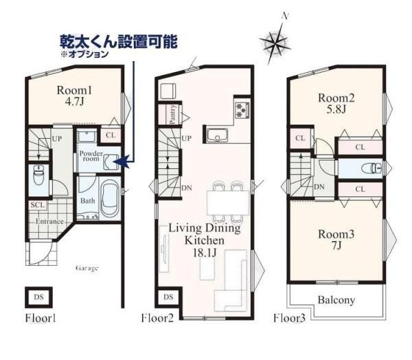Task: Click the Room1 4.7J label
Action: [x=74, y=95]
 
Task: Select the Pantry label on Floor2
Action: [x=172, y=115]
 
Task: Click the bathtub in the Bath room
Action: [x=111, y=199]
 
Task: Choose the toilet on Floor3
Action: [x=371, y=168]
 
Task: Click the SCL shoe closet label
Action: [x=38, y=205]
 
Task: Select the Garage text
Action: [x=87, y=269]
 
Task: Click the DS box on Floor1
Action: [x=38, y=297]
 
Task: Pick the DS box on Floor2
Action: [x=168, y=297]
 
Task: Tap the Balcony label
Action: [x=336, y=300]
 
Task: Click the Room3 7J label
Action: [x=336, y=239]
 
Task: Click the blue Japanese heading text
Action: [x=119, y=41]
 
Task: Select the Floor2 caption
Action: [x=158, y=318]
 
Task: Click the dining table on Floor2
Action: [x=228, y=203]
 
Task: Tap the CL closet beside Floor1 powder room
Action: [x=111, y=135]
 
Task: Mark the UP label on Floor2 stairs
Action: [x=187, y=138]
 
